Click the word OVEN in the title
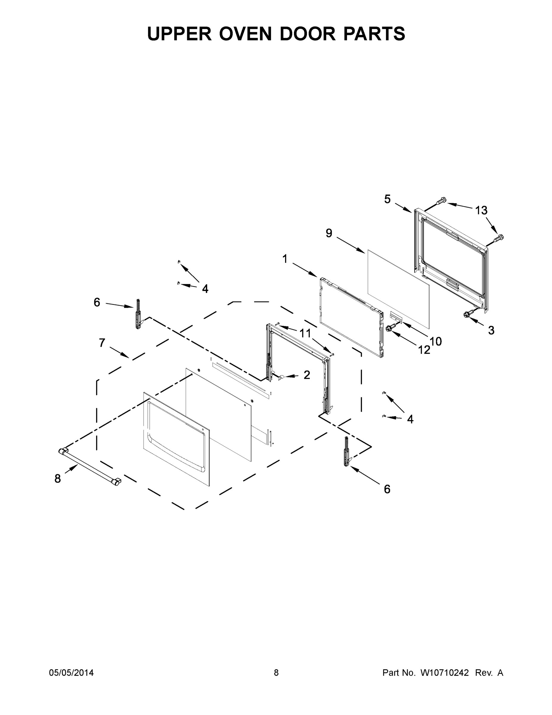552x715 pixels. [x=245, y=34]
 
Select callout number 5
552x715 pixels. [x=387, y=199]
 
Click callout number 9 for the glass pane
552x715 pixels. [x=329, y=233]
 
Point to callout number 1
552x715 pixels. [x=285, y=259]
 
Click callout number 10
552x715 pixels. [x=436, y=341]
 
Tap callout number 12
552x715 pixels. [x=424, y=350]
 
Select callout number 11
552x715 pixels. [x=305, y=333]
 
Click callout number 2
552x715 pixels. [x=307, y=375]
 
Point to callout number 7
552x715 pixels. [x=102, y=343]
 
